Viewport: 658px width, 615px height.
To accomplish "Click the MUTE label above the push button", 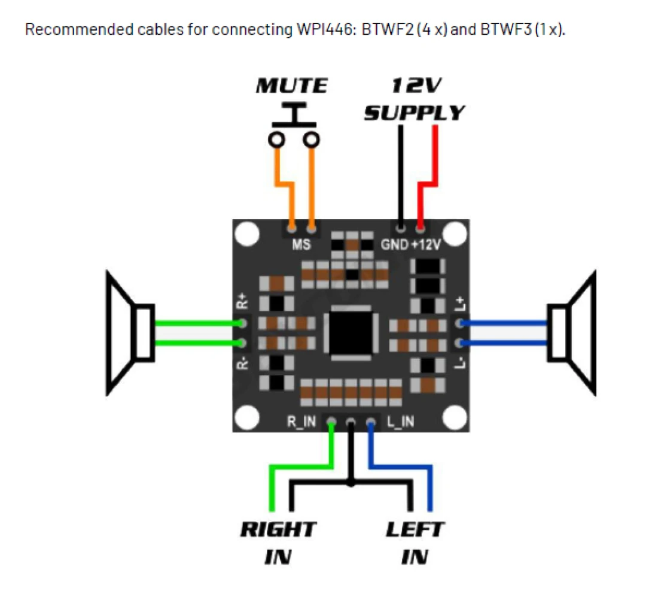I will pyautogui.click(x=292, y=86).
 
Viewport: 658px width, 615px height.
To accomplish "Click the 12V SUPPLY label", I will pyautogui.click(x=415, y=99).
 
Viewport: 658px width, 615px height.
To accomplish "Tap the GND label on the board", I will pyautogui.click(x=394, y=244).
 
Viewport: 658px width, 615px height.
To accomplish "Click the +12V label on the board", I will pyautogui.click(x=427, y=244).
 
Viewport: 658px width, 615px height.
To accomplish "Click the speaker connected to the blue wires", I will pyautogui.click(x=572, y=333).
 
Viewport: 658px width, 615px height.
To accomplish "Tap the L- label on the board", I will pyautogui.click(x=459, y=363).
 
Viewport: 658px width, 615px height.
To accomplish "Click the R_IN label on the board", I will pyautogui.click(x=301, y=422).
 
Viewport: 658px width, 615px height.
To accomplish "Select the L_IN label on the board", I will pyautogui.click(x=400, y=422).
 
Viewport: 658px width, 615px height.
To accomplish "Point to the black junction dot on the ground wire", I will pyautogui.click(x=351, y=481).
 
